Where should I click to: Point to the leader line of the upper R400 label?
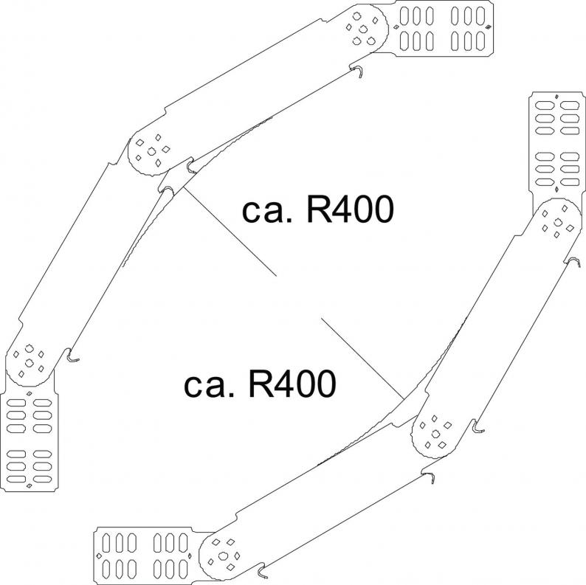tap(229, 232)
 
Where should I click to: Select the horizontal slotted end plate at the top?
tap(445, 29)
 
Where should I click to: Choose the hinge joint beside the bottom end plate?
tap(224, 555)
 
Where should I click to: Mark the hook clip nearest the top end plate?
tap(356, 72)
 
